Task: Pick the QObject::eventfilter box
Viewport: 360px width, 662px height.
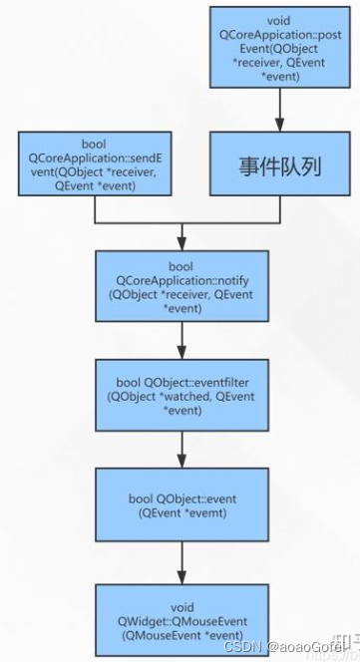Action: pyautogui.click(x=180, y=396)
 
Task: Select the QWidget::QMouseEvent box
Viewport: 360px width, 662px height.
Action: pyautogui.click(x=180, y=618)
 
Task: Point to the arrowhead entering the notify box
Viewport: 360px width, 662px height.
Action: pyautogui.click(x=180, y=243)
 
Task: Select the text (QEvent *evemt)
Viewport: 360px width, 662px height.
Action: pyautogui.click(x=180, y=513)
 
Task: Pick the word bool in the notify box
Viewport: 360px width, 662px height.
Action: pyautogui.click(x=180, y=265)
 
